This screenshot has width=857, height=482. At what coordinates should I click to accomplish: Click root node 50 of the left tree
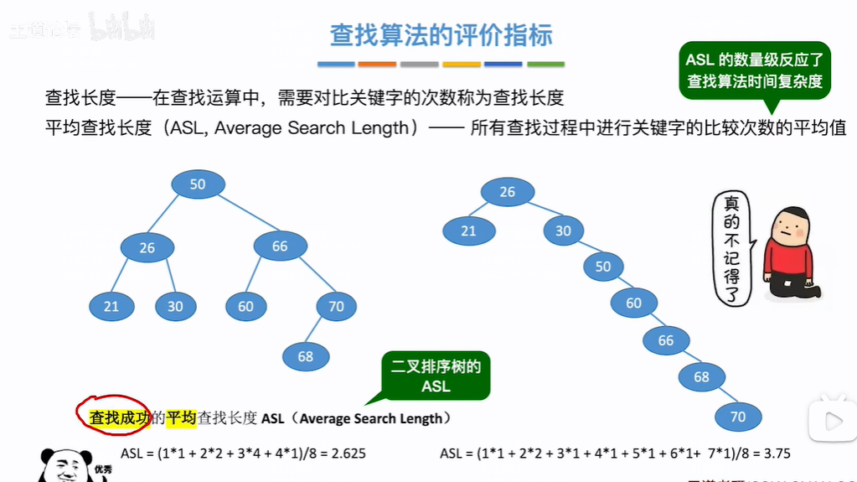(198, 184)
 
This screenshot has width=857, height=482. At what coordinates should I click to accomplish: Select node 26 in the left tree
(147, 247)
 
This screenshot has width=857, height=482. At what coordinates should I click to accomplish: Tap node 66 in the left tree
(280, 246)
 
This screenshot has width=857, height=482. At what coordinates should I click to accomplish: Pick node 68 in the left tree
(306, 356)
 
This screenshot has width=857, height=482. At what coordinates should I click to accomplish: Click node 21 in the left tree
(111, 307)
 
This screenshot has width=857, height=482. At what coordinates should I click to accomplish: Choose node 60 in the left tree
(245, 307)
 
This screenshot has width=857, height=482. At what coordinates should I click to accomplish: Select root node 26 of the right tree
(507, 192)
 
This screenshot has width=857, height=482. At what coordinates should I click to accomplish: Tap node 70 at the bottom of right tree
(738, 417)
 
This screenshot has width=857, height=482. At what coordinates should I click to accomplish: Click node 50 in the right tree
(603, 267)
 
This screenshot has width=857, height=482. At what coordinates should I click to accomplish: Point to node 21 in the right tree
(467, 231)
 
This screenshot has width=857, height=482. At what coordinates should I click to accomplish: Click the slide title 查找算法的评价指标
(441, 36)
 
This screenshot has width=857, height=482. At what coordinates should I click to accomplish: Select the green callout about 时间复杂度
(754, 70)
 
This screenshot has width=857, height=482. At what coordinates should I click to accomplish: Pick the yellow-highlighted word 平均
(181, 417)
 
